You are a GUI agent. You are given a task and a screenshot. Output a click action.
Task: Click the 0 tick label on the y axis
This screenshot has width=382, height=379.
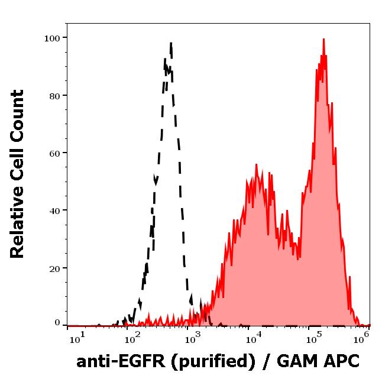pos(57,323)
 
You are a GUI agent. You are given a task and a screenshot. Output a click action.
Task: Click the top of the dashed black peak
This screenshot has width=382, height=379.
pos(170,43)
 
